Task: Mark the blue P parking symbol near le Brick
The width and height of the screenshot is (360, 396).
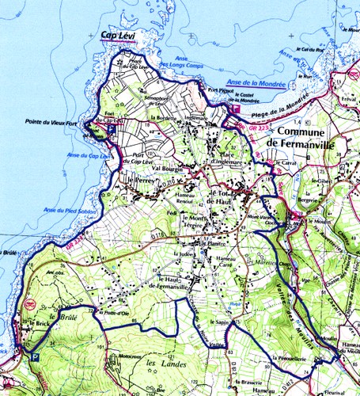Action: [x=32, y=356]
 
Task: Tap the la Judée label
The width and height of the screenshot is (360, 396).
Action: [x=181, y=253]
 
